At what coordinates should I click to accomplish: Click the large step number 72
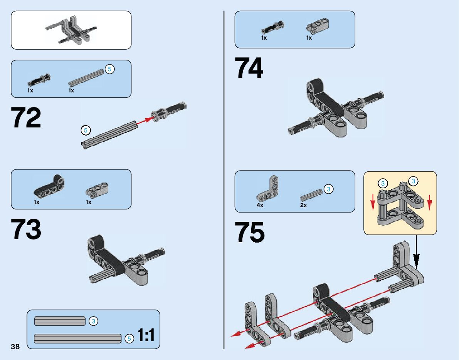26,118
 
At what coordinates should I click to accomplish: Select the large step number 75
250,233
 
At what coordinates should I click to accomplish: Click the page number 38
15,346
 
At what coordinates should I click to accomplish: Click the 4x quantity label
260,205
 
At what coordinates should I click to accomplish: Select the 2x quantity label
304,205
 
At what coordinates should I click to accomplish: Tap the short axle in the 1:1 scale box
60,321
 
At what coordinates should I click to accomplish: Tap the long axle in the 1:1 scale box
77,338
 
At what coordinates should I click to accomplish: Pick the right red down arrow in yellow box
430,201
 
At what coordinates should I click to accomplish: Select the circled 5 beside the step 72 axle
86,130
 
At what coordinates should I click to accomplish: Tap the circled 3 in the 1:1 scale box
93,321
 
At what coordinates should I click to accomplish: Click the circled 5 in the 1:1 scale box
129,339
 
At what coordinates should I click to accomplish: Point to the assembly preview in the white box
71,30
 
